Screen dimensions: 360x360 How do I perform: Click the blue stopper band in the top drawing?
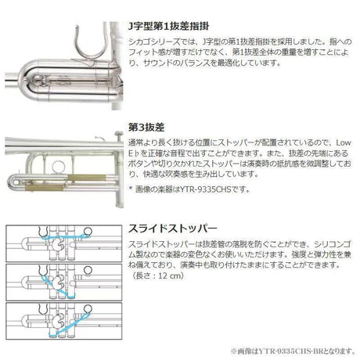59,236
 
